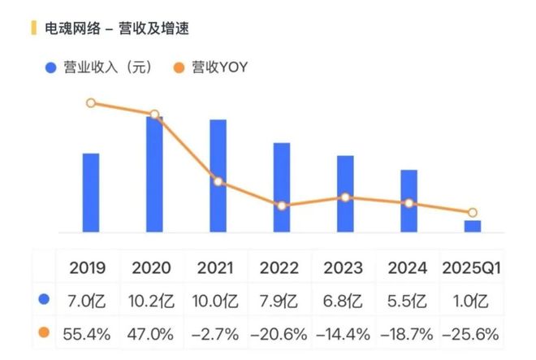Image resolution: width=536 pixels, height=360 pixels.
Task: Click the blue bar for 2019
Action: click(x=91, y=193)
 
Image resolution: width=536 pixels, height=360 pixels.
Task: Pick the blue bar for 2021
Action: click(x=218, y=176)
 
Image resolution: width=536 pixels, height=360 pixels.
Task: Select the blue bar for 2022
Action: click(x=282, y=188)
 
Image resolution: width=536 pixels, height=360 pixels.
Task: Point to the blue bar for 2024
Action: click(x=409, y=201)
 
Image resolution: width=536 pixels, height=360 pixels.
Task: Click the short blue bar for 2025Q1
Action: click(x=472, y=226)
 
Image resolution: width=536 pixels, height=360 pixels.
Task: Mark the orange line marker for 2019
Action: click(x=91, y=103)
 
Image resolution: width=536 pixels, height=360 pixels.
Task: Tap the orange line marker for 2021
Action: click(x=218, y=181)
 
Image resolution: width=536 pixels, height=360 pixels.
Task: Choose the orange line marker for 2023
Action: click(x=345, y=197)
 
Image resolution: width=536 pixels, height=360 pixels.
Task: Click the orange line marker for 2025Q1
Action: click(x=472, y=212)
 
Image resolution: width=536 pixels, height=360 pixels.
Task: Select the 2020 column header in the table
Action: click(x=152, y=267)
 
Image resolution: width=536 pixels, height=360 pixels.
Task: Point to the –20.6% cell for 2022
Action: click(x=280, y=332)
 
